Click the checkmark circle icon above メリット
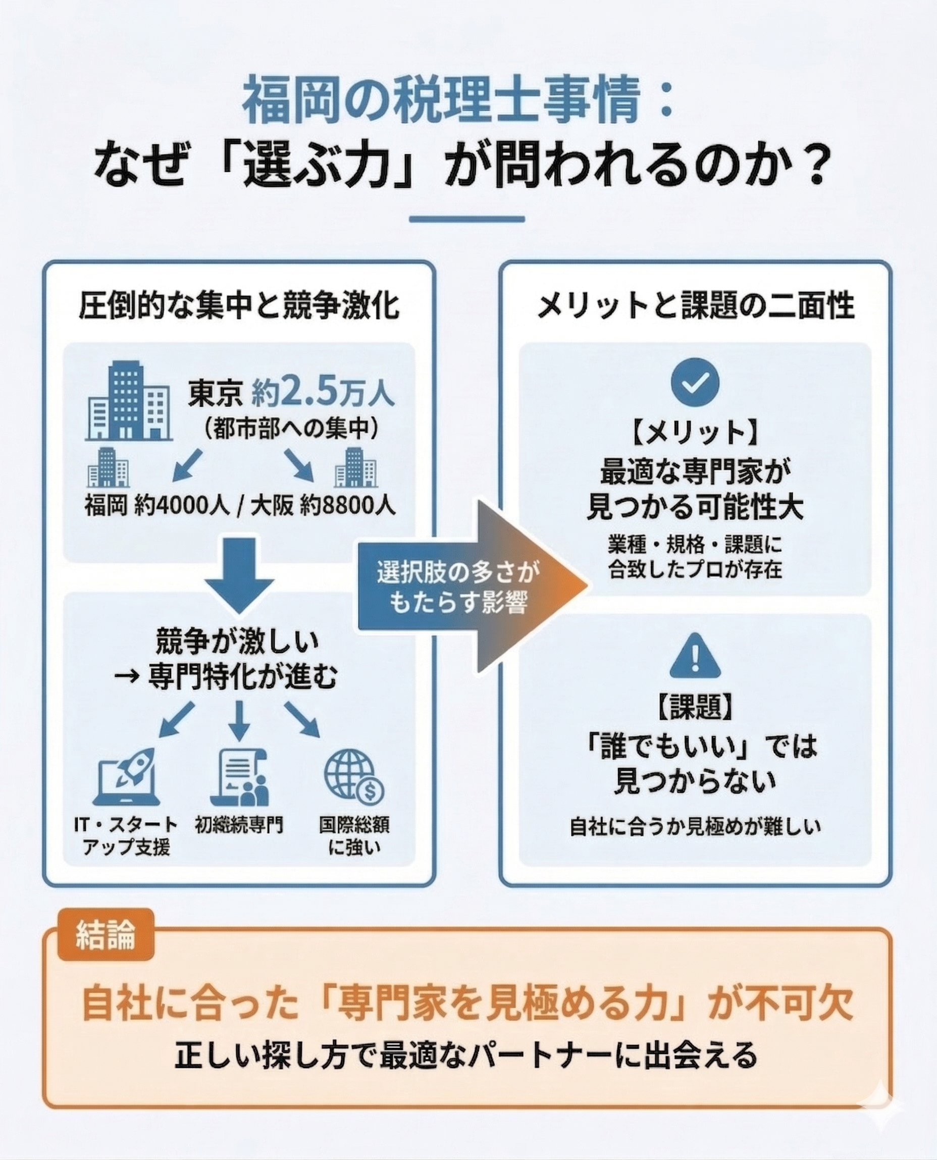(695, 382)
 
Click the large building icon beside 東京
(128, 402)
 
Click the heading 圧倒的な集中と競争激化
(239, 306)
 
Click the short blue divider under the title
(467, 220)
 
